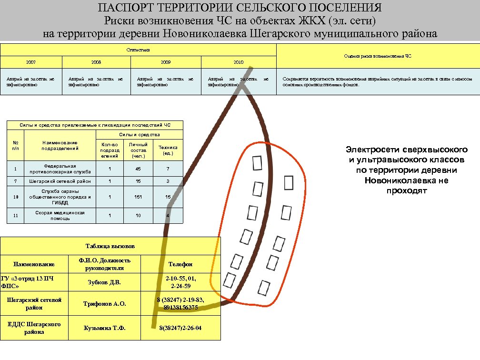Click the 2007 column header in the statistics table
pos(31,62)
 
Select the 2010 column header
pos(239,62)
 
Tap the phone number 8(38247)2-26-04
pos(181,328)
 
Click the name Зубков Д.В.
pos(104,282)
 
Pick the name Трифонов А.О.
pos(104,304)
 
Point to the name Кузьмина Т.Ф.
pos(104,328)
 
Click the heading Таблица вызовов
pos(110,246)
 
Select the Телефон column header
pos(181,264)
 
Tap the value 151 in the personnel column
pos(138,197)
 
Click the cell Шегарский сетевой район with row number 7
pos(60,181)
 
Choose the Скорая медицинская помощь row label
pos(60,215)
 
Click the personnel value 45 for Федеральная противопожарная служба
pos(138,169)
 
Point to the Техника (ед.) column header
pos(168,150)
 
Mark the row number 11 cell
pos(16,215)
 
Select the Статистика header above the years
pos(138,49)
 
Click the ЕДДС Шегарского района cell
pos(34,328)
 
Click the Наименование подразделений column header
pos(60,145)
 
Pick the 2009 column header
pos(166,62)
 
